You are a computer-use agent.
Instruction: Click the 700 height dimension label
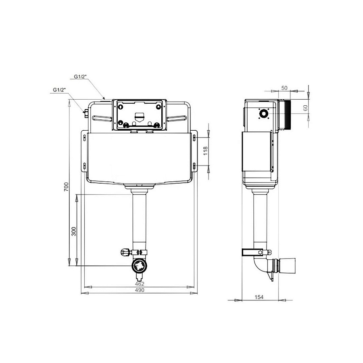tap(67, 187)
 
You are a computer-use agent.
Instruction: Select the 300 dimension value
tap(74, 231)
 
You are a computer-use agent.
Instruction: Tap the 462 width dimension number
tap(140, 284)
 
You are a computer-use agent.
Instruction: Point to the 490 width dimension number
tap(140, 290)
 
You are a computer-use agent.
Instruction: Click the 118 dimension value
tap(206, 151)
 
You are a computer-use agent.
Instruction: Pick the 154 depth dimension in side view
tap(259, 297)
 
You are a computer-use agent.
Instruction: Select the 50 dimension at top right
tap(284, 88)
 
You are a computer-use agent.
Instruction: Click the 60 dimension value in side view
tap(306, 108)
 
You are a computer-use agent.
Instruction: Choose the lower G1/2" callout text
tap(60, 90)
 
